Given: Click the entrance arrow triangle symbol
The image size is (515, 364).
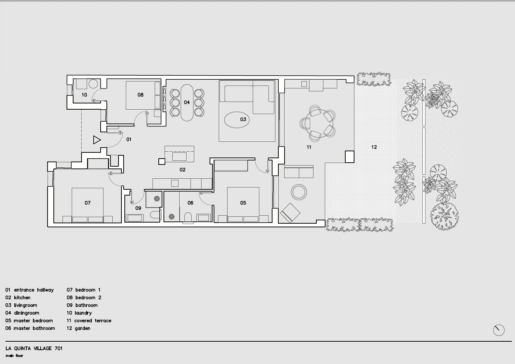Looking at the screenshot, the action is [x=97, y=140].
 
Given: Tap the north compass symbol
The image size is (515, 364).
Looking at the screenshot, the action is [x=499, y=330].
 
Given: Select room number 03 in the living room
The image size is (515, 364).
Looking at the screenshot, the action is [x=243, y=120].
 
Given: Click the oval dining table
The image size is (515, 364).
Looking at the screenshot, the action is [x=187, y=103].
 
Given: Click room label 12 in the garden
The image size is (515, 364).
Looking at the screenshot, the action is [x=374, y=147].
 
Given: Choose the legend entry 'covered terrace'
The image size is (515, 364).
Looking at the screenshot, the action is [x=89, y=321].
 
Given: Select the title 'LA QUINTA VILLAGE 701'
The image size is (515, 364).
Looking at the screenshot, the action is [x=34, y=348].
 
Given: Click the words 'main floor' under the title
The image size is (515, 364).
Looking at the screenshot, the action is [x=15, y=356].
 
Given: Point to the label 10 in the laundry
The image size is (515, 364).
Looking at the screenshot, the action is [x=84, y=95].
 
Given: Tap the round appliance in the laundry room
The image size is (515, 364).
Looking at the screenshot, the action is [x=93, y=84].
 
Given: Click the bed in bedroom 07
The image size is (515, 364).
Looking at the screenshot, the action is [x=87, y=205].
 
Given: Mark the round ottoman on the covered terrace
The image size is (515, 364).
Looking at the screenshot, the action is [x=299, y=192].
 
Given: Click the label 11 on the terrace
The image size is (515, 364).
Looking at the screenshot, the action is [x=309, y=147].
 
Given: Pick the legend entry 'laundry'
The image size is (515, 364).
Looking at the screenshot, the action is [x=79, y=313].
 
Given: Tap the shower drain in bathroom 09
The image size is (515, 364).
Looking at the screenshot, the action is [x=157, y=199].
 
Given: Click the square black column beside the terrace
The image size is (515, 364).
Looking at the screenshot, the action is [x=349, y=157].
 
